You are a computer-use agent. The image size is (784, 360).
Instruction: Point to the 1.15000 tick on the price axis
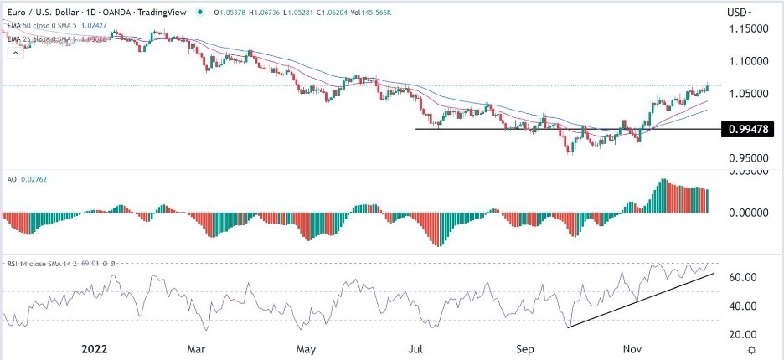click(749, 28)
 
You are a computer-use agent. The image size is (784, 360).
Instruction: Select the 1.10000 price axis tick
click(749, 61)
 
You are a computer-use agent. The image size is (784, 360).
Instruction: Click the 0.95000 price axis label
click(749, 157)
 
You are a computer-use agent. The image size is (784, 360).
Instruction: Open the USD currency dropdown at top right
click(739, 13)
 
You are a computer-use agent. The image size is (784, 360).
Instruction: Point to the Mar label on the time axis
click(196, 345)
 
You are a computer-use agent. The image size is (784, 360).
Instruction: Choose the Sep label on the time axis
click(524, 345)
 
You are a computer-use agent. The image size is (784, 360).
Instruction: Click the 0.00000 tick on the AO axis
click(747, 213)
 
